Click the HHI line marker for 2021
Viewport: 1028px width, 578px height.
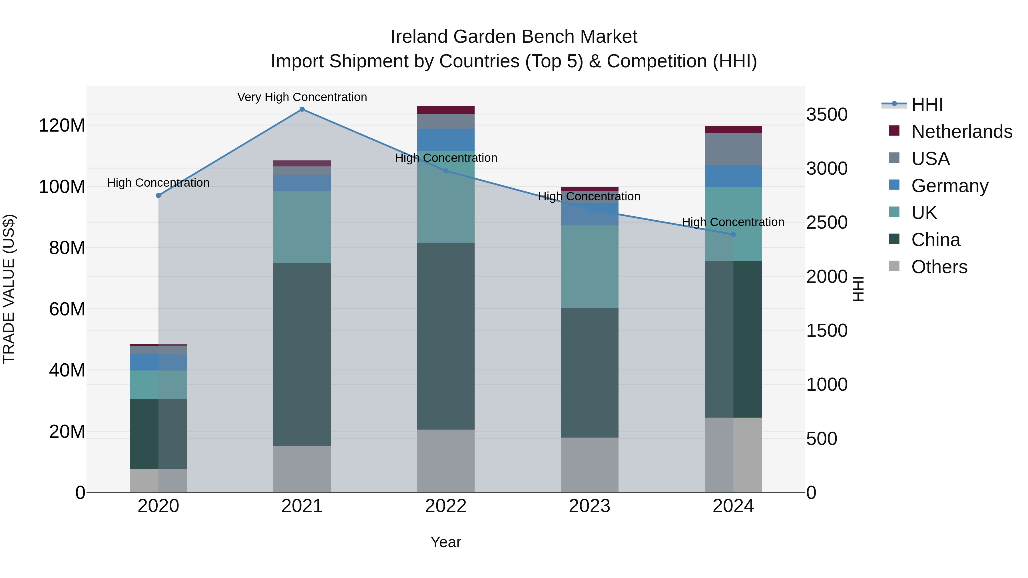click(302, 109)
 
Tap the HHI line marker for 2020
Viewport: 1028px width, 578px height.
click(158, 196)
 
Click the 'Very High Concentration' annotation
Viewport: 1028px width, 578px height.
click(302, 97)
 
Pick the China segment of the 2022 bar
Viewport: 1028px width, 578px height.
click(446, 336)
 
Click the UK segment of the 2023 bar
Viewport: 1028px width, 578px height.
click(589, 267)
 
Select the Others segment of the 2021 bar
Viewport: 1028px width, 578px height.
click(302, 469)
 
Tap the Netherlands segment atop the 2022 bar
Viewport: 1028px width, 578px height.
click(446, 110)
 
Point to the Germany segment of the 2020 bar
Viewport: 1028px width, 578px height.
click(158, 362)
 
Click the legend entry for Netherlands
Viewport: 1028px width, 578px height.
click(962, 132)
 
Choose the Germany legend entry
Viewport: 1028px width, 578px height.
click(950, 186)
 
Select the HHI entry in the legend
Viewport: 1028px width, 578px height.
click(927, 104)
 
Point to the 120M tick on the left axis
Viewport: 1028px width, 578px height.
click(62, 126)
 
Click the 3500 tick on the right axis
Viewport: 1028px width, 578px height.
click(827, 115)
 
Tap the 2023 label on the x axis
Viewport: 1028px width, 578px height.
click(589, 506)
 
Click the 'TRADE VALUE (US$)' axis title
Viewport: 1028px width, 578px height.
click(9, 289)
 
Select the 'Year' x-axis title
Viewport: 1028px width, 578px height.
click(446, 542)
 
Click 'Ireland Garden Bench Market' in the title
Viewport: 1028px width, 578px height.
click(514, 37)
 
